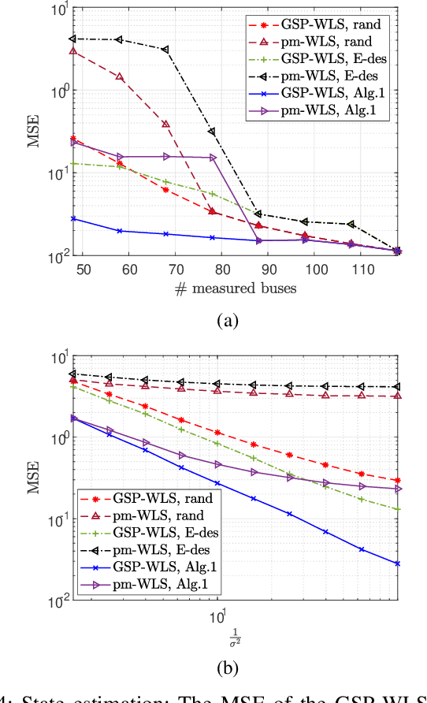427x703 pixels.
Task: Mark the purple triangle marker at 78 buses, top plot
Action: pos(213,158)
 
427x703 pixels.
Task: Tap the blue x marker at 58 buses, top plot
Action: pos(119,231)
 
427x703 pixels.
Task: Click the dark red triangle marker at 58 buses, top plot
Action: pos(119,77)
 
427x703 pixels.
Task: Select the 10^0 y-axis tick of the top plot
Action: pos(51,90)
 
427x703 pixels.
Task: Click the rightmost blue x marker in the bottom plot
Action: pos(398,564)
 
